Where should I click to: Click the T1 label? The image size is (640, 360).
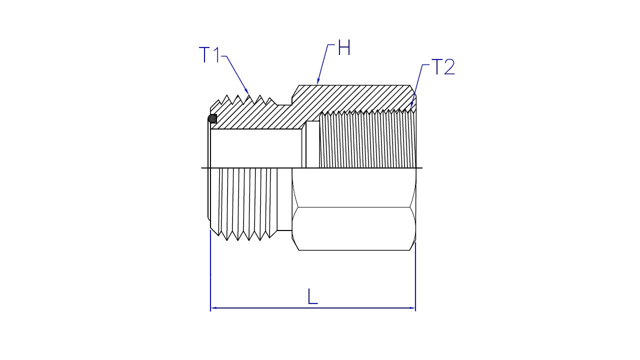[x=209, y=54]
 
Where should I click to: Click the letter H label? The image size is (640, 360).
[x=344, y=47]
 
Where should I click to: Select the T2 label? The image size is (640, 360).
[x=443, y=67]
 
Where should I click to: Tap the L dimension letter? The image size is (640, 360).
[x=312, y=296]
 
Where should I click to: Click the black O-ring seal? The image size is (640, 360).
[x=212, y=118]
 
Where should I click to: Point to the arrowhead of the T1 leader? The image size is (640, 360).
[x=246, y=91]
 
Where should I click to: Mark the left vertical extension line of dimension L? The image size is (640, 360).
[x=210, y=270]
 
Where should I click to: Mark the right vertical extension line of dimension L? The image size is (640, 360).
[x=415, y=276]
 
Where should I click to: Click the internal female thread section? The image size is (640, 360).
[x=367, y=139]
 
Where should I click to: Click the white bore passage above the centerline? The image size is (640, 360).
[x=256, y=148]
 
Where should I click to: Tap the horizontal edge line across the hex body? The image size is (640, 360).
[x=353, y=207]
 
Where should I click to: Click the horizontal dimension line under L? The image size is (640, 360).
[x=313, y=308]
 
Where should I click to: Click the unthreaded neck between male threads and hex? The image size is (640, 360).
[x=284, y=199]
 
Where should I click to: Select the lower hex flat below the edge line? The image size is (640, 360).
[x=353, y=229]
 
